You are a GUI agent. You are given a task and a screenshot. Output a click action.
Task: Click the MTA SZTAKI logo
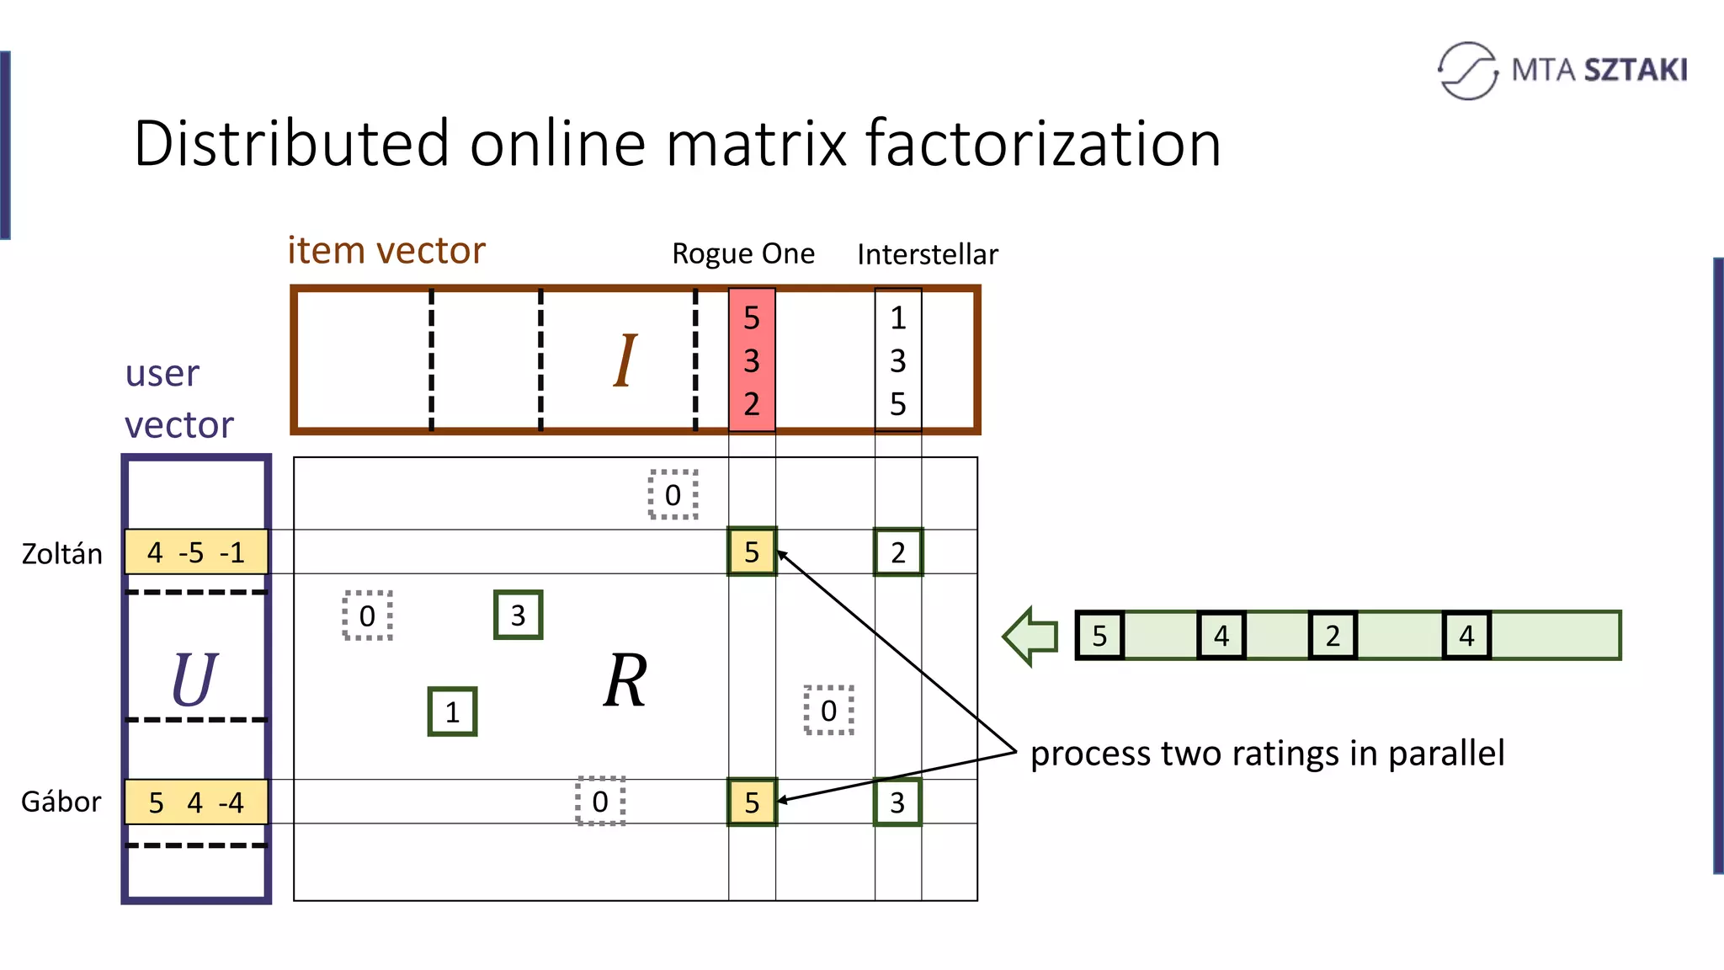[x=1562, y=70]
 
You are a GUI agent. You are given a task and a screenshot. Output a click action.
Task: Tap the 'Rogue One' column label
[x=742, y=253]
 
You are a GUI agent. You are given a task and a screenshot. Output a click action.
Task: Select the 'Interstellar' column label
[x=927, y=254]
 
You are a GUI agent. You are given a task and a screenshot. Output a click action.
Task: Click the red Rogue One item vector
[x=752, y=360]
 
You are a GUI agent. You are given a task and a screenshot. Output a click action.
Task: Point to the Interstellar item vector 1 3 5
[x=898, y=360]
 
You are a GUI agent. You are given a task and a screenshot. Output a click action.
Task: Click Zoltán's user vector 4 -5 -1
[x=196, y=552]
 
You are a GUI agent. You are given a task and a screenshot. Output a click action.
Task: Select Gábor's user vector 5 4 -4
[x=196, y=802]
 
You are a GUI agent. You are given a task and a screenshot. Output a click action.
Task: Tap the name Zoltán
[x=61, y=554]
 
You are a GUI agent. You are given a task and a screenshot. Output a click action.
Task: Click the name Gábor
[x=61, y=802]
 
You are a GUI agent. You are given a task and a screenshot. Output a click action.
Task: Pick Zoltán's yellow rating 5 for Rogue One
[x=752, y=552]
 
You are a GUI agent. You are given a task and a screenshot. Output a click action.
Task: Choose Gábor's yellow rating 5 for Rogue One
[x=752, y=802]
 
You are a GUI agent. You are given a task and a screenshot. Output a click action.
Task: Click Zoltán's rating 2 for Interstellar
[x=898, y=552]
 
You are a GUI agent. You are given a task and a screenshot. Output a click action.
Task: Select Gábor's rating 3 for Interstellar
[x=897, y=802]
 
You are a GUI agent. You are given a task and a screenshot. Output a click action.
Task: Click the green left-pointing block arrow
[x=1031, y=636]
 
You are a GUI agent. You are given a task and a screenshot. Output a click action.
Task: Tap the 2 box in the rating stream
[x=1333, y=636]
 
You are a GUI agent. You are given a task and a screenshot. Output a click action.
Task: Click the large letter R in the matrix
[x=625, y=680]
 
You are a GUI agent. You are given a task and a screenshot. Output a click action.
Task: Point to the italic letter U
[x=194, y=680]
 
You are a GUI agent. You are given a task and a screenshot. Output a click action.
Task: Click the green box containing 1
[x=452, y=712]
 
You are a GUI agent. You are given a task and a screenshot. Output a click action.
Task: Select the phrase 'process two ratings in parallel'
[x=1267, y=754]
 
